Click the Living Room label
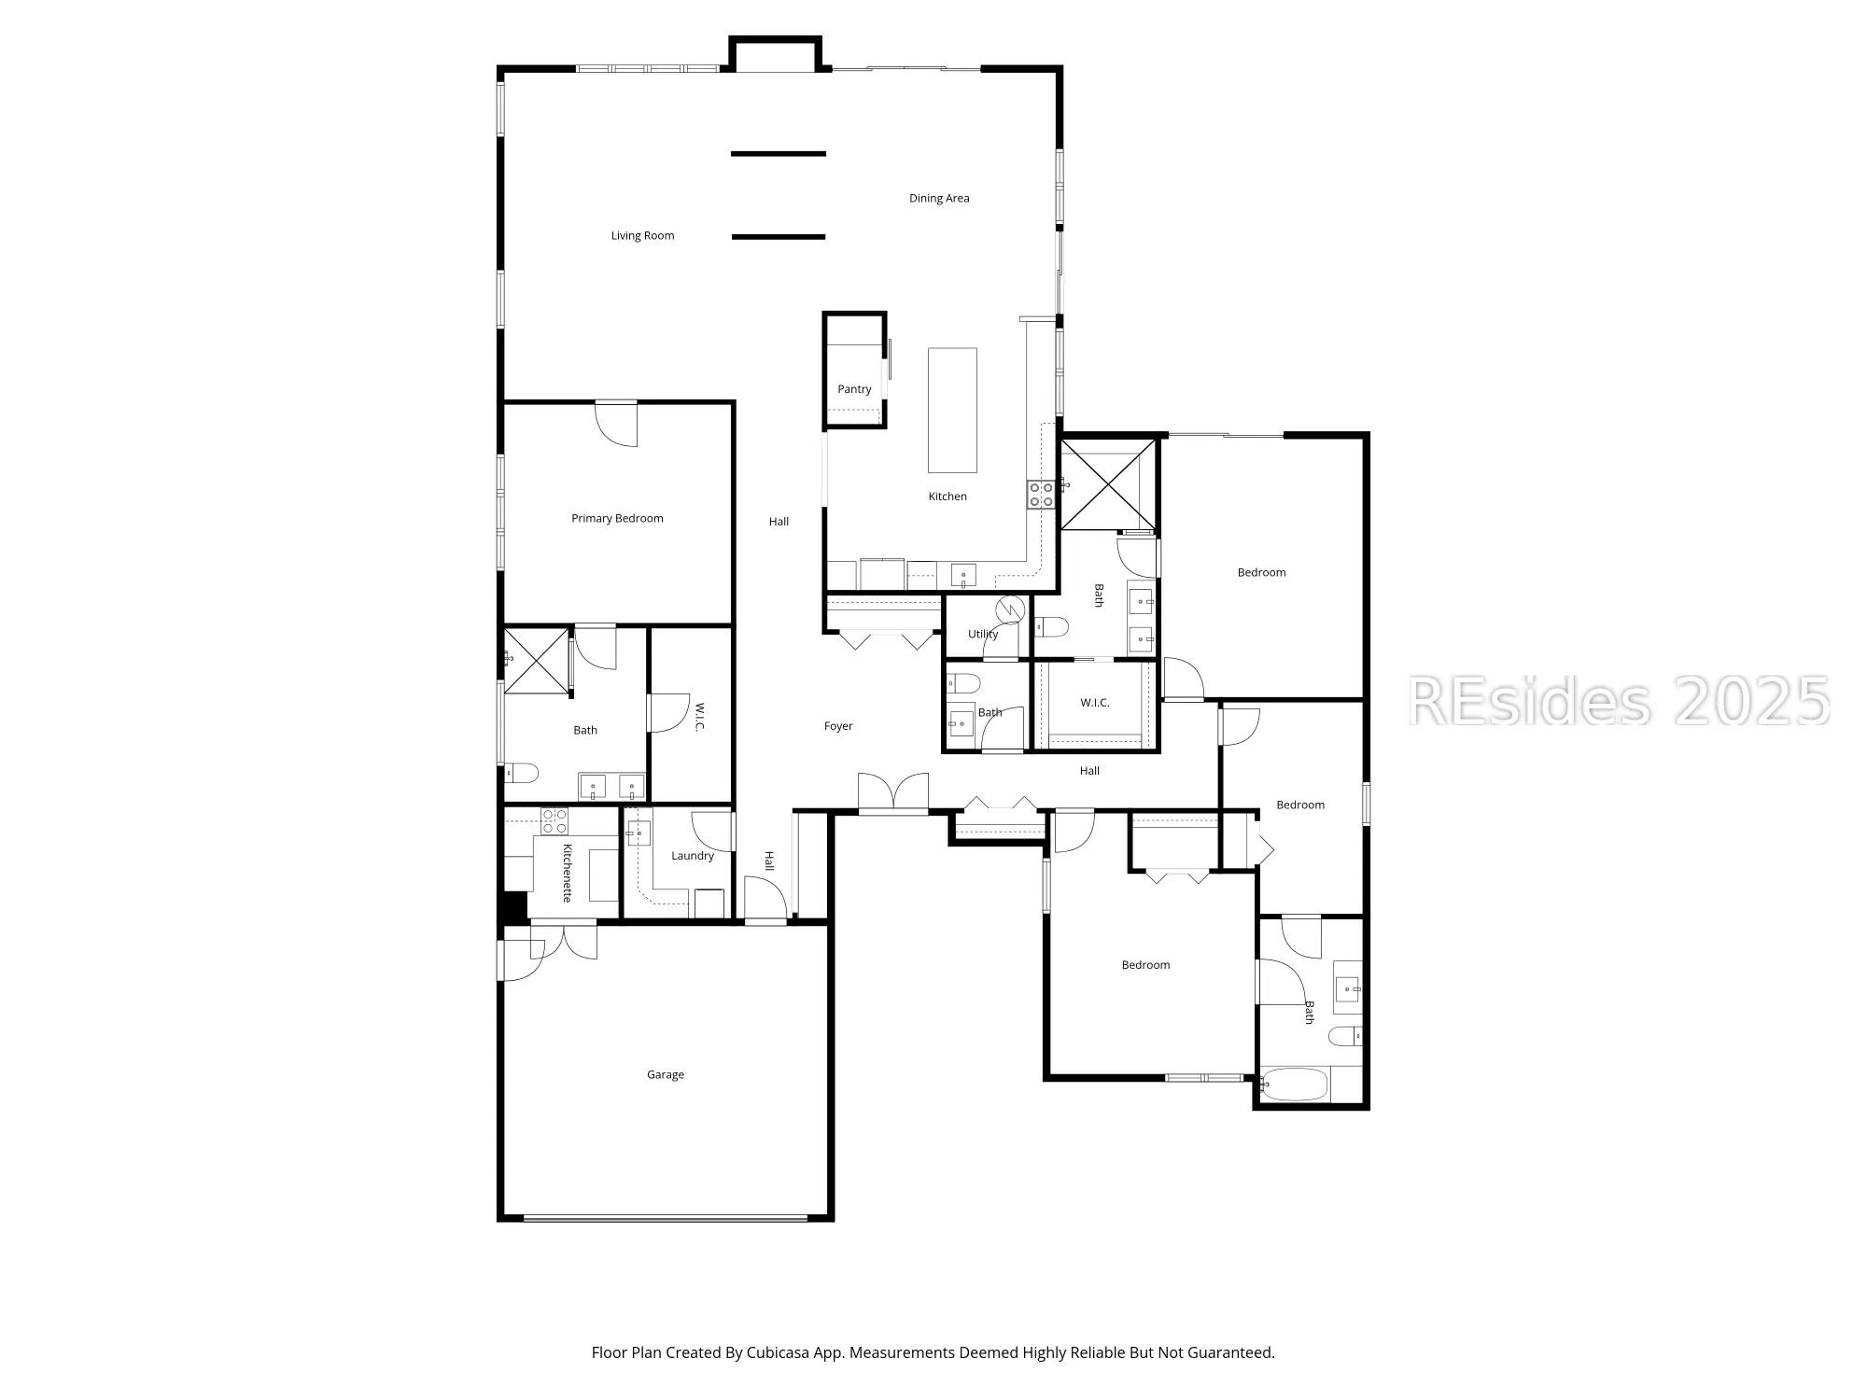point(642,236)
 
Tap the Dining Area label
point(939,199)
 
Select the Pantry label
point(854,389)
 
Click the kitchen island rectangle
point(952,410)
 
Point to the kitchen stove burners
point(1041,494)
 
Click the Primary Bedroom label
point(617,519)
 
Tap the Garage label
point(666,1075)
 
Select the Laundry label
point(693,856)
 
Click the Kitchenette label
point(567,873)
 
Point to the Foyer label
point(838,726)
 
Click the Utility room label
point(983,635)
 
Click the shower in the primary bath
point(537,662)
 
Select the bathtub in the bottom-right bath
point(1294,1085)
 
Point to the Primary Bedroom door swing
point(617,424)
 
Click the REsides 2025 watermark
point(1619,701)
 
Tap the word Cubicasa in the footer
point(779,1352)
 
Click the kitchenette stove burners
point(554,820)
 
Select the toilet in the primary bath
point(522,773)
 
